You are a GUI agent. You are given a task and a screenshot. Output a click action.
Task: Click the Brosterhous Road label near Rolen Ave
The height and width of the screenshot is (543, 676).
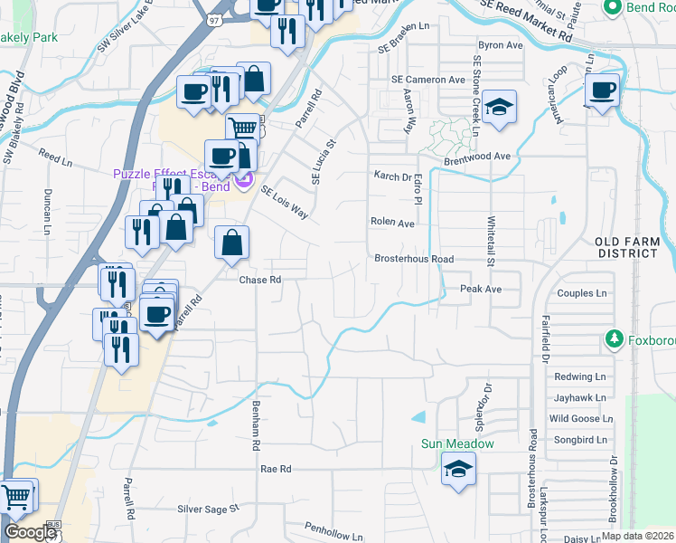(x=414, y=259)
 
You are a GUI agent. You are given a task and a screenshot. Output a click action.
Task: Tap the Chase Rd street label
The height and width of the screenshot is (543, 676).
(x=261, y=280)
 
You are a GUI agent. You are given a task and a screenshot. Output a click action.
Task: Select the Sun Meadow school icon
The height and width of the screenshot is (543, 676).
(x=458, y=469)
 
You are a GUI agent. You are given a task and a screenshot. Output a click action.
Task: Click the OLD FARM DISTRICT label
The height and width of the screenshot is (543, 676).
(x=627, y=247)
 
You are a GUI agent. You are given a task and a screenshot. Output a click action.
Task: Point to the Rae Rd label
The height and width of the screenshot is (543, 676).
(x=276, y=470)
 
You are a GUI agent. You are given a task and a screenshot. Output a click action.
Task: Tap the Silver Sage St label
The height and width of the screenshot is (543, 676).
(x=207, y=510)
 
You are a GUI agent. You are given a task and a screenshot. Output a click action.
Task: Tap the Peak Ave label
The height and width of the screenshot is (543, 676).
(x=480, y=289)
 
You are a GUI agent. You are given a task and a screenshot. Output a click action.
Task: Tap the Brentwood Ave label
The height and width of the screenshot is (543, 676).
(x=477, y=157)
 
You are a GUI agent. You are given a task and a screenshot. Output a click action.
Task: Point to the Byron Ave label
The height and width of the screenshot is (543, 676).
(x=501, y=44)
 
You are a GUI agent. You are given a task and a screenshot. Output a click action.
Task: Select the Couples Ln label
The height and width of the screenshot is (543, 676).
(x=583, y=293)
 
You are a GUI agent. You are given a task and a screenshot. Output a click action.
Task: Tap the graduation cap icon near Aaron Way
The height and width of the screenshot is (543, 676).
(x=497, y=108)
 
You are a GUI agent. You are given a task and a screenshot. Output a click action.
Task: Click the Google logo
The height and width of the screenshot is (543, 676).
(x=30, y=532)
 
